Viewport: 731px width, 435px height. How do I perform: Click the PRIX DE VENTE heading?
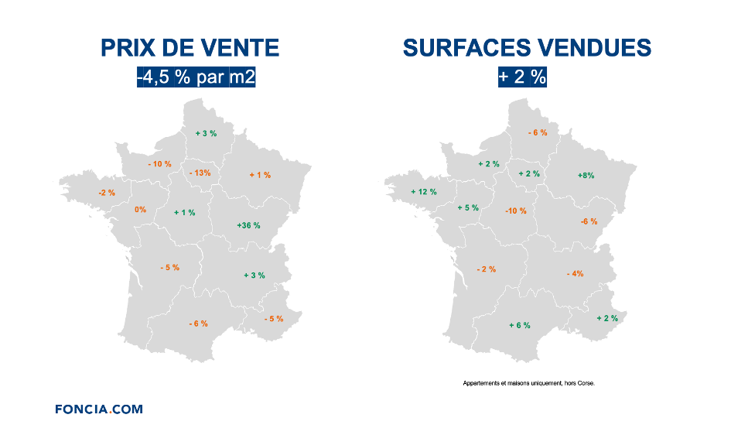[x=190, y=48]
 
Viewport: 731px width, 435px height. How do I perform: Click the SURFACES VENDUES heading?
[x=527, y=48]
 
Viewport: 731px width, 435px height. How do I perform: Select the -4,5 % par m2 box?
[x=196, y=77]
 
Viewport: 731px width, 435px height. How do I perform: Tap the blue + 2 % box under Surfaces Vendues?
[x=522, y=77]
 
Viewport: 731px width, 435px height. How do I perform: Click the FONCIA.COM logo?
[x=98, y=409]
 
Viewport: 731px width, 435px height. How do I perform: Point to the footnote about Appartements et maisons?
[x=528, y=382]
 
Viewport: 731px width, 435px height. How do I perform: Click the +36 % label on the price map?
[x=248, y=225]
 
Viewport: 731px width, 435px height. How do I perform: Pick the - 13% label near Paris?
[x=200, y=173]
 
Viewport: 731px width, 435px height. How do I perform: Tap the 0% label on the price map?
[x=140, y=210]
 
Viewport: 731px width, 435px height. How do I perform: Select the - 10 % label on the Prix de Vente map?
[x=159, y=164]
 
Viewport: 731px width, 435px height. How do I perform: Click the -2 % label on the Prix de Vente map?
[x=107, y=193]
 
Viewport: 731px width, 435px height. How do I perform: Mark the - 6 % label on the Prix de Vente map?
[x=198, y=324]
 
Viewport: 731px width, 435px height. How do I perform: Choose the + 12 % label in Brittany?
[x=423, y=191]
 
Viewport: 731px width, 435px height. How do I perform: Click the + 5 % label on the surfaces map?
[x=468, y=207]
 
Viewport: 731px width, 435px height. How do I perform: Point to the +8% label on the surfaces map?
[x=586, y=176]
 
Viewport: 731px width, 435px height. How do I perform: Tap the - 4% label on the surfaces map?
[x=575, y=274]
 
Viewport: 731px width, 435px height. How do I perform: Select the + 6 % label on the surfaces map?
[x=520, y=325]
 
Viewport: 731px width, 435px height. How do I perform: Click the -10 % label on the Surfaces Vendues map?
[x=515, y=211]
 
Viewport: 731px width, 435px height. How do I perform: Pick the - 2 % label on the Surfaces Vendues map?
[x=487, y=269]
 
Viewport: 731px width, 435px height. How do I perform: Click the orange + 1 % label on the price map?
[x=260, y=175]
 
